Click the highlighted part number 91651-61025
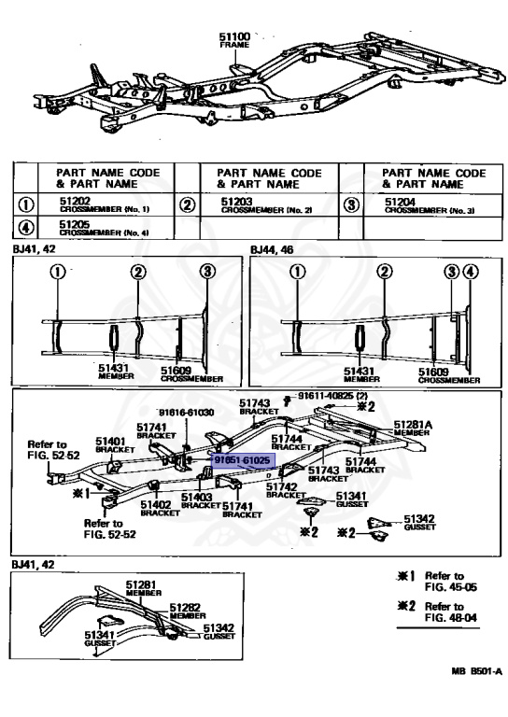[x=242, y=461]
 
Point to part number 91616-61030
[x=186, y=412]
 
